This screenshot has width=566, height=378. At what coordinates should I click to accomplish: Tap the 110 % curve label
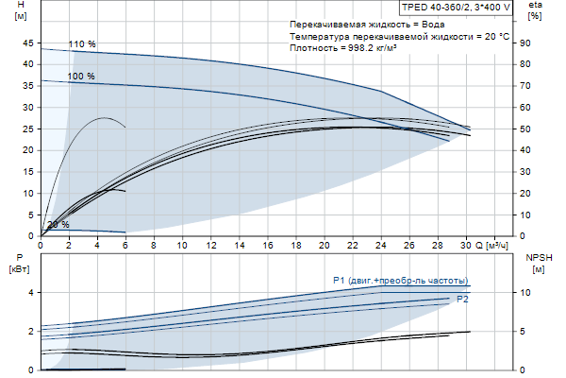[82, 44]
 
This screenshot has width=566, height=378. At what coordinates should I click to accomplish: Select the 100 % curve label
[81, 76]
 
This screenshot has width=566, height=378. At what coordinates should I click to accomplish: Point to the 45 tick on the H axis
[27, 43]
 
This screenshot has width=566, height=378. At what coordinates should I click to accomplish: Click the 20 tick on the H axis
[27, 150]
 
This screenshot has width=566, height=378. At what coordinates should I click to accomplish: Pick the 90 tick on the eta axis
[536, 43]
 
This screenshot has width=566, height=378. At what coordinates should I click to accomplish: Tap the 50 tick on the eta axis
[536, 129]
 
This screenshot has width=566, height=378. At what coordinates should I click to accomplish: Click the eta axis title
[535, 6]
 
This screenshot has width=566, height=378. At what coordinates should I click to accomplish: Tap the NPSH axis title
[538, 257]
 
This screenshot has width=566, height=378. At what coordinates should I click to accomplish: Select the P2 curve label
[462, 299]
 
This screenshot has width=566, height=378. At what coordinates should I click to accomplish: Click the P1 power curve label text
[401, 281]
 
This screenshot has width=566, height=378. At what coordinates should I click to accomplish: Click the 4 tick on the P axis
[30, 292]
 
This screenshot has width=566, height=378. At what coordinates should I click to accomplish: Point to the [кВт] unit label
[20, 269]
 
